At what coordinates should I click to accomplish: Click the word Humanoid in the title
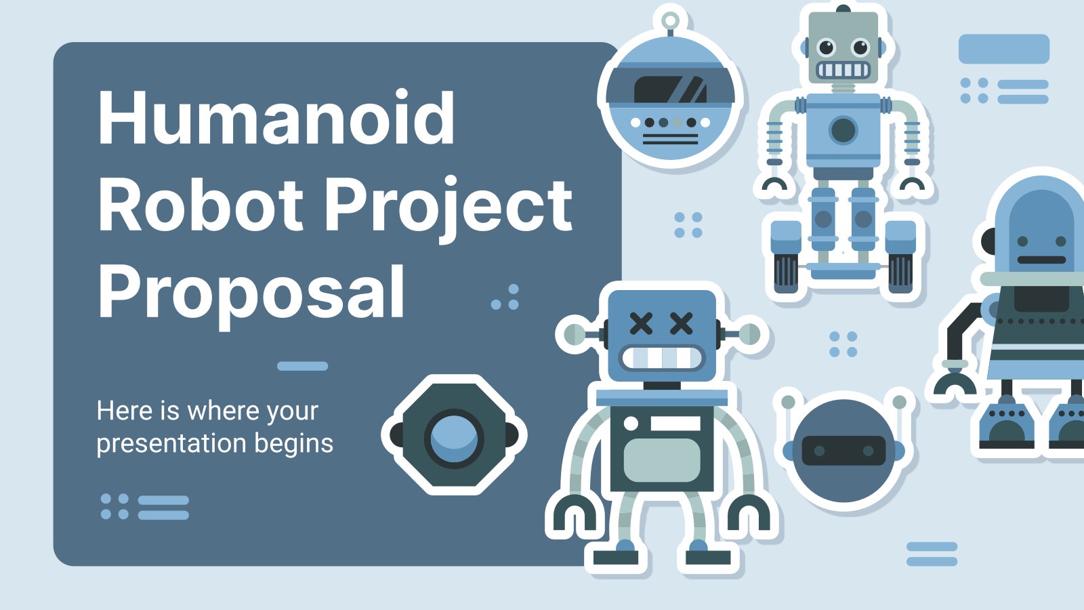[x=276, y=118]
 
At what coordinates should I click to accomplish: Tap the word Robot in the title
[x=200, y=205]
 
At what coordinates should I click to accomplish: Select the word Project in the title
[x=449, y=205]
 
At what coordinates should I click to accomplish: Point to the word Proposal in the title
[x=251, y=292]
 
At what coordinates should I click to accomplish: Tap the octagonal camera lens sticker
[x=454, y=435]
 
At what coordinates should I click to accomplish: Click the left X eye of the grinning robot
[x=641, y=323]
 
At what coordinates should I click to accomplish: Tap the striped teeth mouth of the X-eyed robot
[x=663, y=358]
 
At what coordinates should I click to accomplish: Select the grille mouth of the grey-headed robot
[x=843, y=70]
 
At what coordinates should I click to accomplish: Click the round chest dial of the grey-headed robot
[x=843, y=129]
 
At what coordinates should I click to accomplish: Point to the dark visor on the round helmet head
[x=669, y=89]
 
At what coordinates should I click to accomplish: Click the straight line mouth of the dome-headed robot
[x=1041, y=260]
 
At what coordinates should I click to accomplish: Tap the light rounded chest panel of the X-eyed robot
[x=661, y=460]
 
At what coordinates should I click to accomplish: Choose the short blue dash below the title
[x=302, y=366]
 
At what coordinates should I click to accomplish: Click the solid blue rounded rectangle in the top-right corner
[x=1003, y=49]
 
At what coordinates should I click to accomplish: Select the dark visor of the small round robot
[x=843, y=451]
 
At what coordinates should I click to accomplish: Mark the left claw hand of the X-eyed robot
[x=574, y=514]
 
